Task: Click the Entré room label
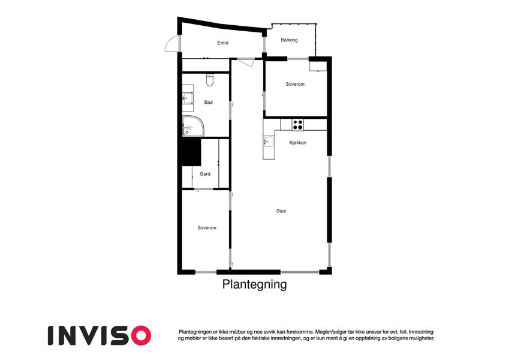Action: [223, 43]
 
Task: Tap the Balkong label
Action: [289, 40]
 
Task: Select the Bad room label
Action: [209, 103]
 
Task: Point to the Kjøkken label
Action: [298, 143]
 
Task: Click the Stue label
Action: [281, 211]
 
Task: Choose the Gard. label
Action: [206, 174]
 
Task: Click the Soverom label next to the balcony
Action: [295, 84]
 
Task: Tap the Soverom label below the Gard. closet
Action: [207, 228]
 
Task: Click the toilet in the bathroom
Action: [210, 80]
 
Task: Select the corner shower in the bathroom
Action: [193, 126]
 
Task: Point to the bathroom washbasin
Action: [188, 98]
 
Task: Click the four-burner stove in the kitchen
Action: [298, 124]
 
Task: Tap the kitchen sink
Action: [269, 142]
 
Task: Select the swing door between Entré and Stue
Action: [246, 62]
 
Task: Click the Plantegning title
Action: [254, 284]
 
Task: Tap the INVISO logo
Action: [100, 335]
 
